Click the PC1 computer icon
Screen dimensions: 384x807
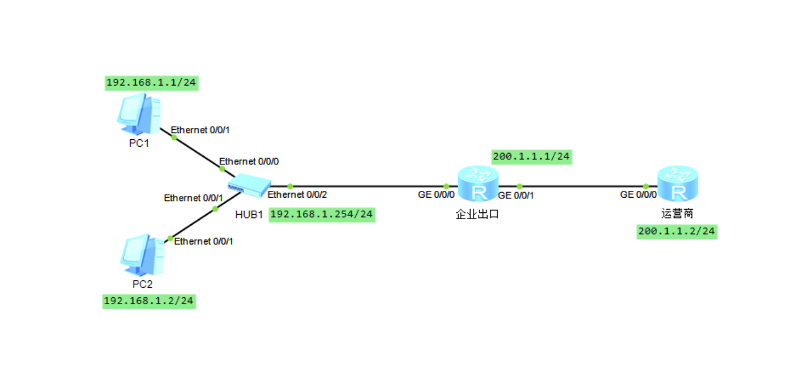click(x=139, y=112)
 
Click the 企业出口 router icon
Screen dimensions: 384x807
click(x=477, y=185)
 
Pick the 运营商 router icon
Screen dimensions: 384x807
click(x=677, y=185)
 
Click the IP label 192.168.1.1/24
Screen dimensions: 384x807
click(x=151, y=83)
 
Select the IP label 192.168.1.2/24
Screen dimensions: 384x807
click(x=150, y=301)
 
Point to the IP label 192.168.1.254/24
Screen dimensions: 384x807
click(x=322, y=214)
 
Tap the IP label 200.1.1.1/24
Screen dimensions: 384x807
click(x=531, y=157)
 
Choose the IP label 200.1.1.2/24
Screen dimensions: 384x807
click(x=677, y=231)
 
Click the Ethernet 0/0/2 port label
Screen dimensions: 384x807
click(x=297, y=195)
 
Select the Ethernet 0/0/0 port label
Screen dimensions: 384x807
click(x=249, y=161)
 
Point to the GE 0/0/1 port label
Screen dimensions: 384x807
click(x=515, y=195)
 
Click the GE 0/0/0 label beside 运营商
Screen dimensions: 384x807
click(x=638, y=195)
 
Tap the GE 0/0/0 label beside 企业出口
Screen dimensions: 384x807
click(x=436, y=195)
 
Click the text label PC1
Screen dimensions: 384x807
click(x=139, y=143)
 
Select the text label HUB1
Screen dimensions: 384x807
click(x=249, y=215)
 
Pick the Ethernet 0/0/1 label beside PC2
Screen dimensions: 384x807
click(x=203, y=241)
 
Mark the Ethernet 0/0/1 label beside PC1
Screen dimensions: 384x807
click(x=200, y=130)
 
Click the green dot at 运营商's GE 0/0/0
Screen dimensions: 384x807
click(x=646, y=186)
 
